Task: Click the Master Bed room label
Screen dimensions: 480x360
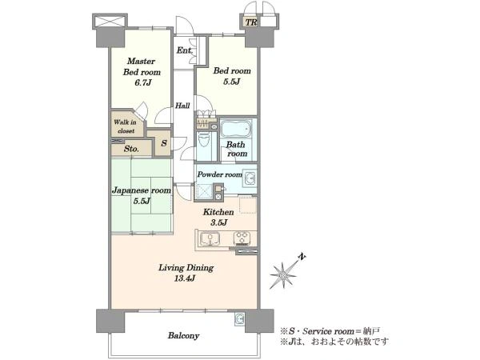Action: click(142, 66)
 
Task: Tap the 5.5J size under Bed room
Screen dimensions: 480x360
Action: click(231, 82)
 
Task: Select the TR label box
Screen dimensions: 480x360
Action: click(251, 22)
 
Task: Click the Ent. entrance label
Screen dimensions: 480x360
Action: click(184, 50)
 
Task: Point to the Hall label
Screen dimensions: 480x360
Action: click(182, 106)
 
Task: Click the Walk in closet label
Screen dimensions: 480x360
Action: click(126, 126)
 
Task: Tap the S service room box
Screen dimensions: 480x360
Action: click(163, 142)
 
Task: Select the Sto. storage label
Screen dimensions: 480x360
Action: click(131, 149)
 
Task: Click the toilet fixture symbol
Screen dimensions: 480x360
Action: click(203, 141)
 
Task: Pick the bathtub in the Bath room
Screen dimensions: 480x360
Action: click(236, 129)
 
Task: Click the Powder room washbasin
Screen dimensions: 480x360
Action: click(250, 178)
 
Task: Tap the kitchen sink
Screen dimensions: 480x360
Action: click(210, 238)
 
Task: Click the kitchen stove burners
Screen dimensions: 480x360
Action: click(242, 238)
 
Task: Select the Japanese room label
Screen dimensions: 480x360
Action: click(142, 190)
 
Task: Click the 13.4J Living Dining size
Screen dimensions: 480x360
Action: click(185, 278)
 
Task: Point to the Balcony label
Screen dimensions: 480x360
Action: click(184, 336)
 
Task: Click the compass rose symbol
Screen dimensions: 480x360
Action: click(283, 275)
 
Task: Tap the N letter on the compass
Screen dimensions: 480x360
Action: click(302, 257)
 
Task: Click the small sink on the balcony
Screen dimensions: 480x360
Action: click(239, 318)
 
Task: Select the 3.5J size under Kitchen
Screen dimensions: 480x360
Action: click(218, 222)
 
